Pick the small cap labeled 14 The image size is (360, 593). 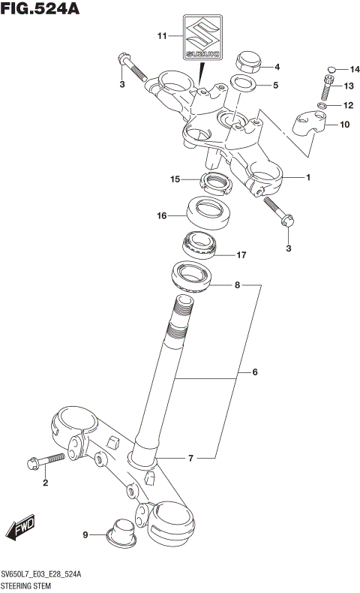point(331,68)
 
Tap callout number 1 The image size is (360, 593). point(307,177)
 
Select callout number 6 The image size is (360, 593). point(254,372)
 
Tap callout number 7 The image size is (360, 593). point(190,457)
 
